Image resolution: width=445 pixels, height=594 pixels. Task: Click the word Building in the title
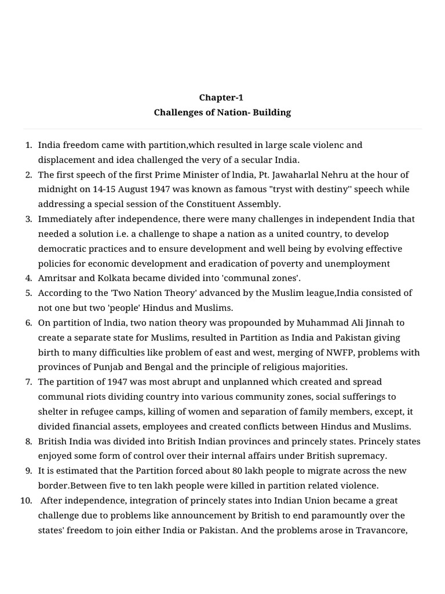272,113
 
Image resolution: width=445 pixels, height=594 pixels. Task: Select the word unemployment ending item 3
356,263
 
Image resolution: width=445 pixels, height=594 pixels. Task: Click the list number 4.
28,278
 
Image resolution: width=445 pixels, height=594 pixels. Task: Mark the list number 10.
26,500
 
